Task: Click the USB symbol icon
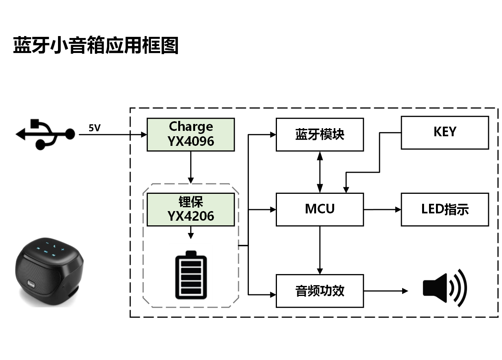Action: tap(45, 134)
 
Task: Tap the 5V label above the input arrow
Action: tap(94, 128)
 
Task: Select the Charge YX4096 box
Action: tap(191, 134)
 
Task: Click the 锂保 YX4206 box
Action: tap(191, 210)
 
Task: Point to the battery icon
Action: tap(191, 275)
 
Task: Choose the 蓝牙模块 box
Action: tap(320, 134)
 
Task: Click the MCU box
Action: tap(320, 209)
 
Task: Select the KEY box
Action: tap(445, 132)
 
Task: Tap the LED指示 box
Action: tap(445, 210)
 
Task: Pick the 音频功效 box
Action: tap(320, 291)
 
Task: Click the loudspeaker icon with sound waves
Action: tap(444, 288)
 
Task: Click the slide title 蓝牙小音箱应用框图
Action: tap(96, 45)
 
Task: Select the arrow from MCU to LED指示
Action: tap(382, 210)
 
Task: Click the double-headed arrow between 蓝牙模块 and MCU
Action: tap(320, 172)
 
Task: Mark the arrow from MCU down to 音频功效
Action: tap(320, 250)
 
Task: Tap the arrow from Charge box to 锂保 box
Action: tap(191, 167)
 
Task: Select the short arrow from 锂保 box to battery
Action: tap(191, 233)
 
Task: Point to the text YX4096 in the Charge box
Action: tap(191, 141)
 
